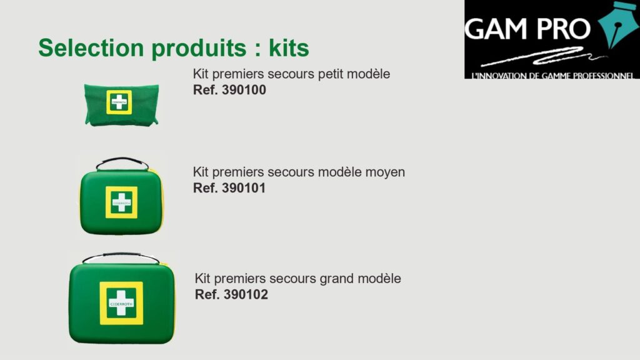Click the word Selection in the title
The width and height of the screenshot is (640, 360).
tap(91, 47)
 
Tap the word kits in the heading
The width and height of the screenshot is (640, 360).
tap(289, 47)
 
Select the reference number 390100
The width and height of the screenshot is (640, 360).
tap(244, 90)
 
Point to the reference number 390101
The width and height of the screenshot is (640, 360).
tap(244, 187)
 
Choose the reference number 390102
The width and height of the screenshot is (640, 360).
tap(246, 294)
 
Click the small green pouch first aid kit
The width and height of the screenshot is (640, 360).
tap(121, 104)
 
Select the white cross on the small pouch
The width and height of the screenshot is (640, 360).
tap(119, 102)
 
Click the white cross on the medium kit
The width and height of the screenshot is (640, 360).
tap(122, 202)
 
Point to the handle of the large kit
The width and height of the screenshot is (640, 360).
tap(121, 255)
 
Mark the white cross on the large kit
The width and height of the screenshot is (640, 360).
tap(121, 303)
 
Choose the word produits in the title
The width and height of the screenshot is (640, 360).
tap(199, 49)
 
